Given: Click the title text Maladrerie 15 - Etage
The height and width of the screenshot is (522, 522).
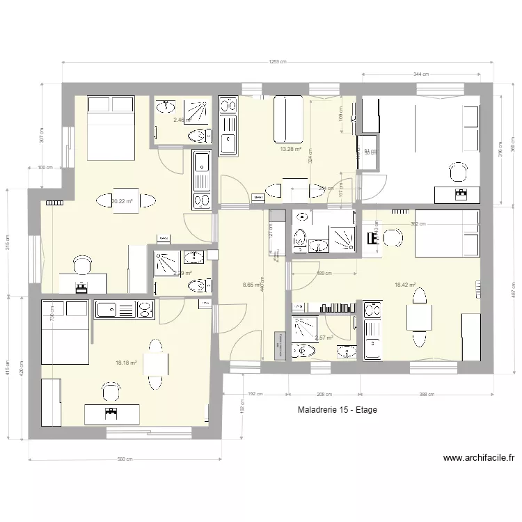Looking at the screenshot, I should point(336,410).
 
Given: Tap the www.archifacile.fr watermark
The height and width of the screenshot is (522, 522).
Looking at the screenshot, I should point(478,458).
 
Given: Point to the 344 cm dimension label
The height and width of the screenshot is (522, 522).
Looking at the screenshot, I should point(420,74).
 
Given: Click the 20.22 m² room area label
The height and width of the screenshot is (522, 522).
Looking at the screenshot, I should point(121,202).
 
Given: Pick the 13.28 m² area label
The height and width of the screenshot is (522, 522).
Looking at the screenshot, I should point(290,149).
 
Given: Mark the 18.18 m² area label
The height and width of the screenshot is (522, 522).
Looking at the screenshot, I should point(126,362).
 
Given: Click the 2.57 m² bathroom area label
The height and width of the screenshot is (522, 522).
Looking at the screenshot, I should point(324,338).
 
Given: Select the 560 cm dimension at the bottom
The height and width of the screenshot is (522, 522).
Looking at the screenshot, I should point(125,459).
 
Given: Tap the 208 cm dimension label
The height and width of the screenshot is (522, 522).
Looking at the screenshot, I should point(324,395).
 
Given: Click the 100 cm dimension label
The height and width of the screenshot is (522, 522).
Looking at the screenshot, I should point(45,168).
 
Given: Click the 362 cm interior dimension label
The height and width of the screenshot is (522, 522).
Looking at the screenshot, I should point(418,224).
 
